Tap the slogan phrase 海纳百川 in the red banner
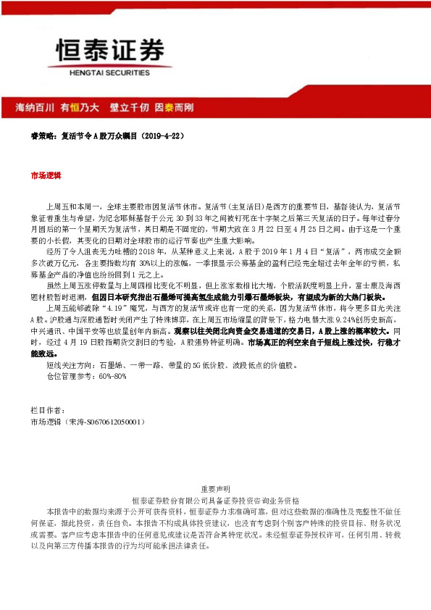point(35,107)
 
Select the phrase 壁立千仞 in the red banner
point(129,107)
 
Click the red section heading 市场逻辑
point(46,176)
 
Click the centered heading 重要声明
point(215,489)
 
